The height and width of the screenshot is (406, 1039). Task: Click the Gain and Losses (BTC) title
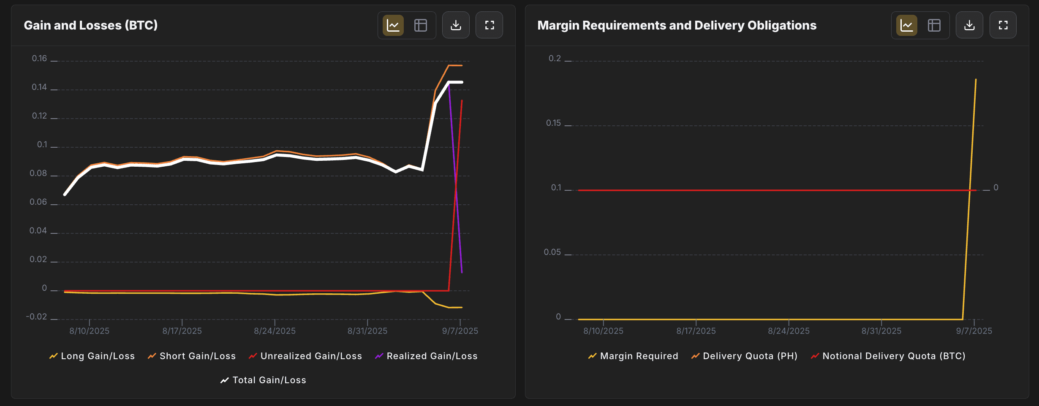91,25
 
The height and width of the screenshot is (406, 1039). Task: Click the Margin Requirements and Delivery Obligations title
677,25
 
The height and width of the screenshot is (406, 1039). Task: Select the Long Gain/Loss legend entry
92,356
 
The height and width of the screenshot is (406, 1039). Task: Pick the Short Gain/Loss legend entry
192,356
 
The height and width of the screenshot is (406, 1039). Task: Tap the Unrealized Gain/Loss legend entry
305,356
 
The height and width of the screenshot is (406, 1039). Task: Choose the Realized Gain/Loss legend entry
426,356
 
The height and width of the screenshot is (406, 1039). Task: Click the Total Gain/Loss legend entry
264,380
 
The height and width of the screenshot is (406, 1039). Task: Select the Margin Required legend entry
633,356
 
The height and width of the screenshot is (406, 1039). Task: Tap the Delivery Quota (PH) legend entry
744,356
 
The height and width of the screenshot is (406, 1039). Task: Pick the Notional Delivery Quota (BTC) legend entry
888,356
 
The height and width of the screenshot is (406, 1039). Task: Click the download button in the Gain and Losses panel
456,25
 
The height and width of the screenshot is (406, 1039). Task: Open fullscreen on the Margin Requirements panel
1003,25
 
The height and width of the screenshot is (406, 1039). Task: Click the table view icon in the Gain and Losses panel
421,25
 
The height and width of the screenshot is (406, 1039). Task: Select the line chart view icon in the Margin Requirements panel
907,25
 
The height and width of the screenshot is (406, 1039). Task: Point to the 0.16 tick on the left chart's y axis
39,58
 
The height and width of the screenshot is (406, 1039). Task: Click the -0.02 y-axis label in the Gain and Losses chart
36,317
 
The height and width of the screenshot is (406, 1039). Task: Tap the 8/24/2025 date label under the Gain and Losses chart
275,331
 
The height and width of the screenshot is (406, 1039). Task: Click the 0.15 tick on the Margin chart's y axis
553,123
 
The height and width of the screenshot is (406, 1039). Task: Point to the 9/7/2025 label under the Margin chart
974,331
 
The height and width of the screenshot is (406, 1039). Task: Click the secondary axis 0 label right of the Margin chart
996,187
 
